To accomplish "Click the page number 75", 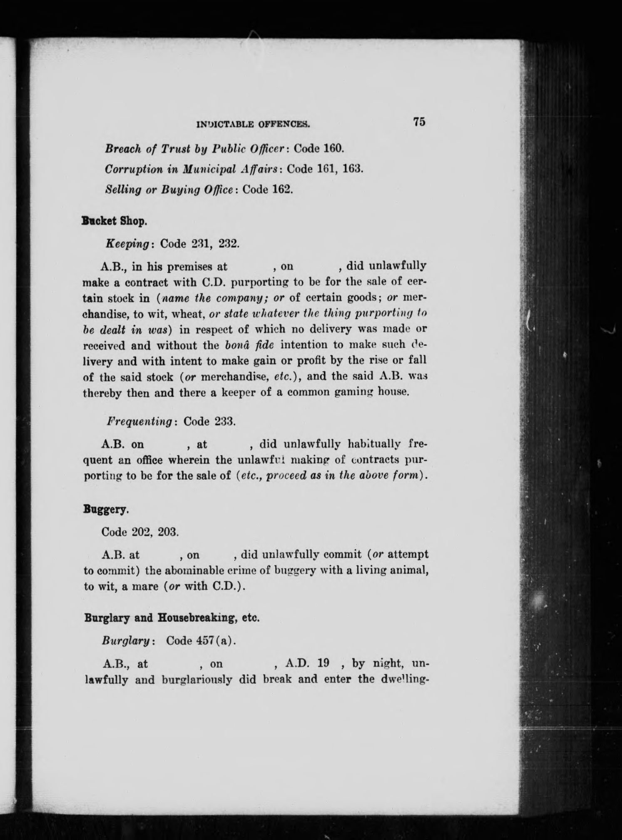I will click(x=419, y=122).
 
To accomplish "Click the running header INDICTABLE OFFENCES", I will click(x=254, y=124).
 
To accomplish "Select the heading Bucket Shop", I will click(x=114, y=221).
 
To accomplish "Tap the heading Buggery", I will click(x=106, y=510).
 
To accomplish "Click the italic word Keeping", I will click(x=127, y=244).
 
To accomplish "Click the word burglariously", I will click(x=197, y=680).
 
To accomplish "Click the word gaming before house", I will click(x=352, y=392).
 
